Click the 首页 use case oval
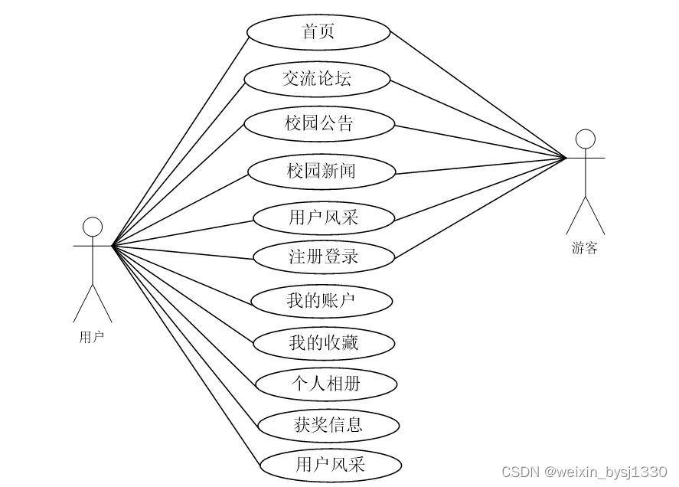[318, 32]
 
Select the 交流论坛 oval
[318, 79]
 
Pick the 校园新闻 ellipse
[322, 171]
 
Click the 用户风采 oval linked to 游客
[324, 217]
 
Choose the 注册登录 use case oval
[324, 257]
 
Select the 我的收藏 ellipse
[324, 343]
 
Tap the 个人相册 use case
[326, 384]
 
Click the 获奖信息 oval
[328, 424]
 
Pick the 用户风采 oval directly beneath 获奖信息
[331, 464]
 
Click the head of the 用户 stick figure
[93, 227]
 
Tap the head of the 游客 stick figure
[586, 139]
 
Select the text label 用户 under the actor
[92, 337]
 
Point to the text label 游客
[585, 248]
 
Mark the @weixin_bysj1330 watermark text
[606, 472]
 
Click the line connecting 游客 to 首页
[478, 94]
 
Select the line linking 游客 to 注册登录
[480, 207]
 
